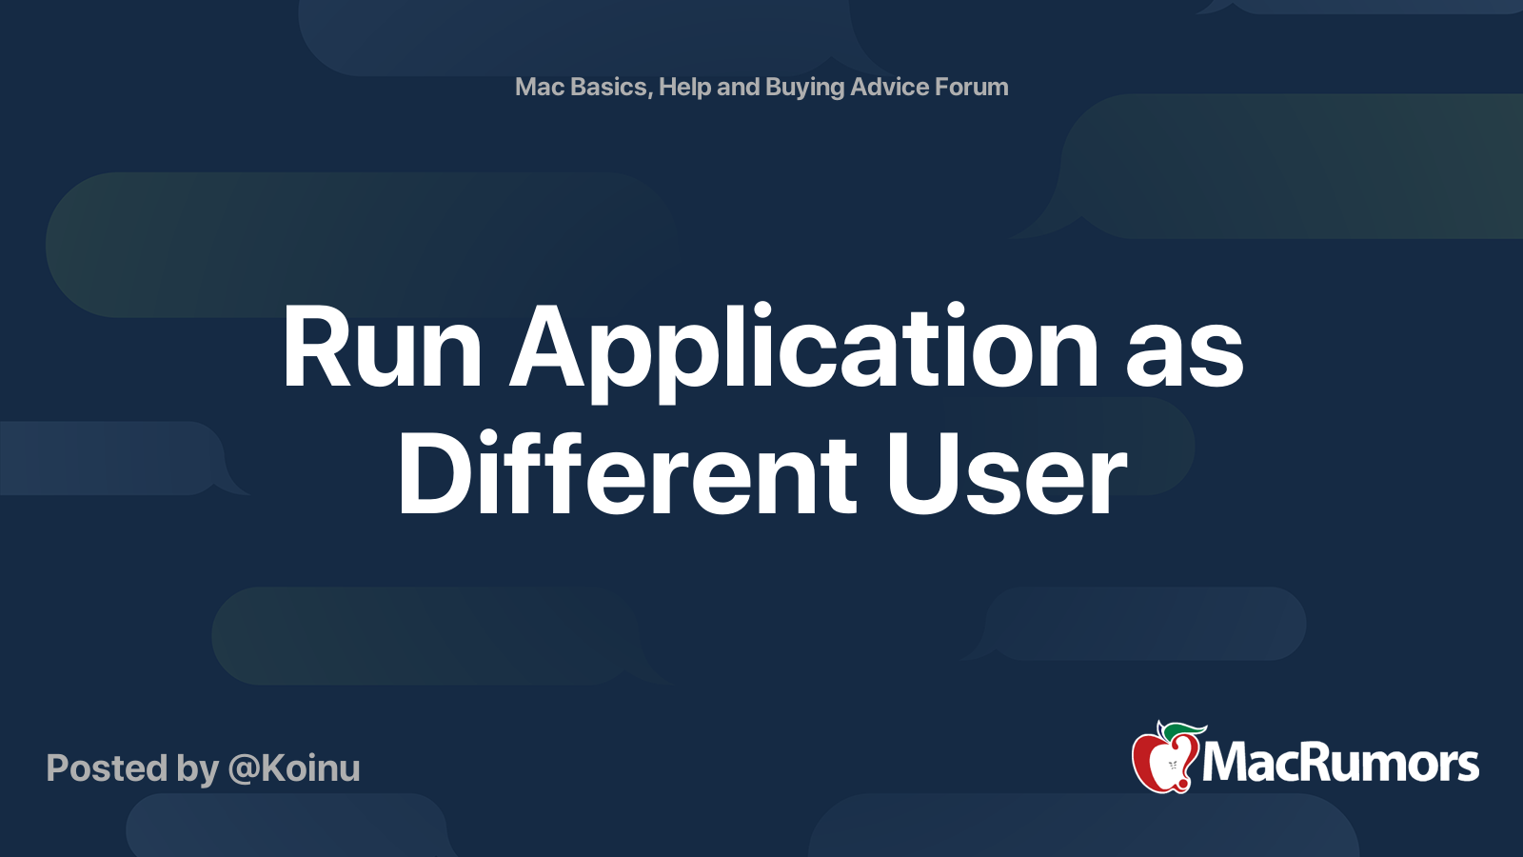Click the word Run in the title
click(382, 349)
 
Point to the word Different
click(627, 474)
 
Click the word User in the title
click(1006, 474)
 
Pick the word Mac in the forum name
click(540, 87)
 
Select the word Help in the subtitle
click(685, 87)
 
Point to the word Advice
click(889, 87)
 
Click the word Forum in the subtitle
click(971, 87)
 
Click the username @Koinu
click(294, 768)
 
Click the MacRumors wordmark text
click(1340, 763)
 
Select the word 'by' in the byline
click(198, 769)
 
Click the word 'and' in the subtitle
click(738, 87)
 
